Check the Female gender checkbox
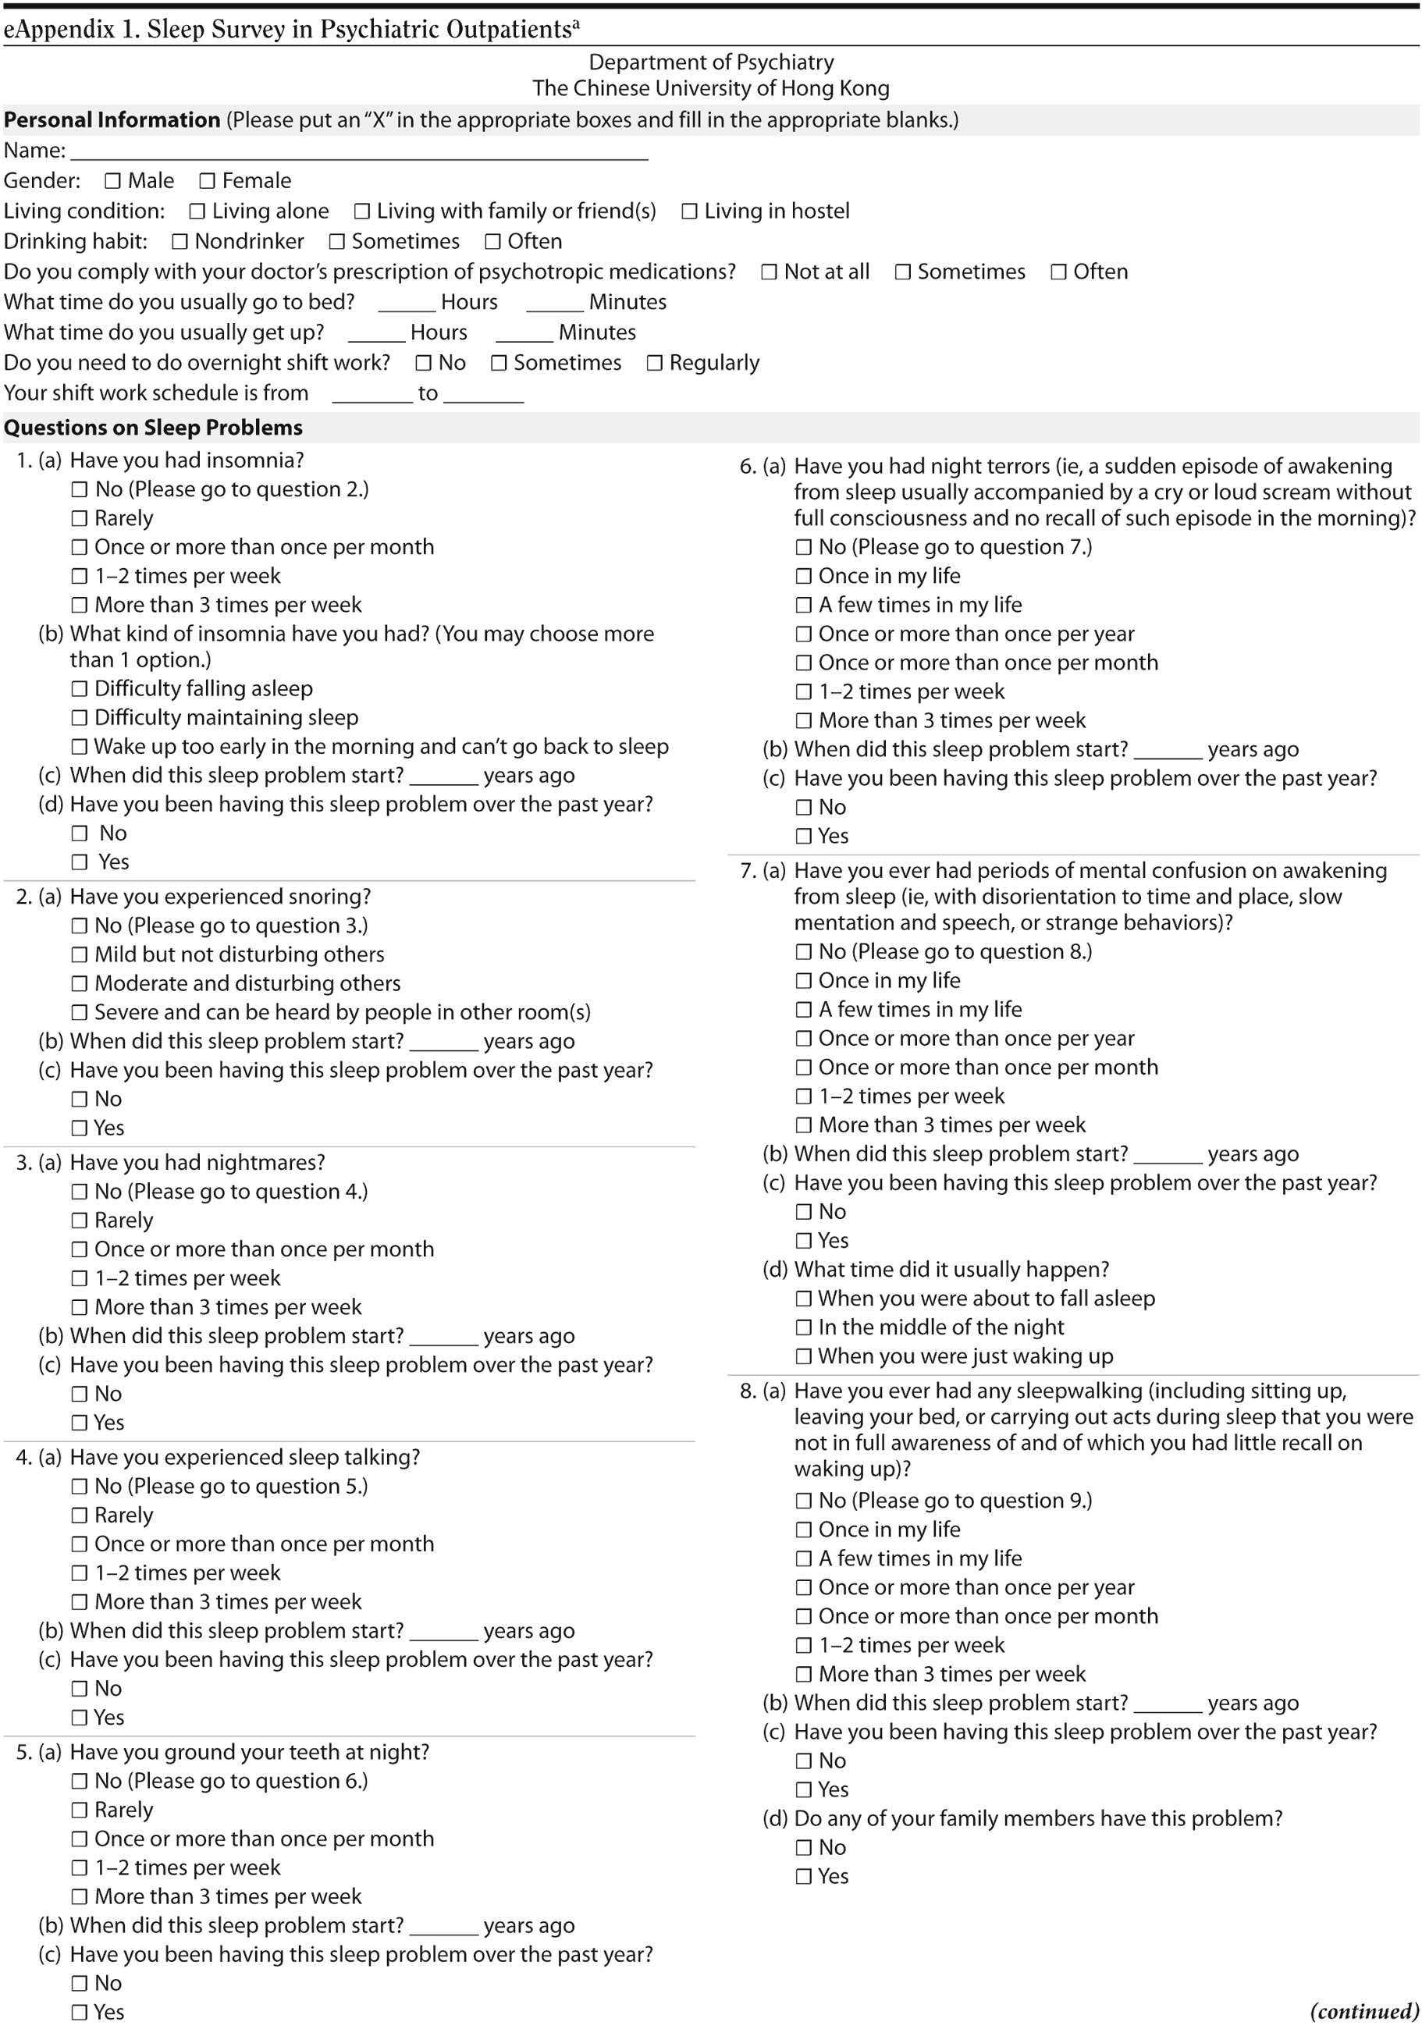click(x=207, y=181)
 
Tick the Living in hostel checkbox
click(x=689, y=211)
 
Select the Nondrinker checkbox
click(x=180, y=241)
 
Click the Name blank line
click(x=359, y=152)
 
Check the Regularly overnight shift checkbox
click(x=654, y=363)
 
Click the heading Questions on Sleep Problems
click(x=153, y=428)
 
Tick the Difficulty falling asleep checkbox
click(x=80, y=688)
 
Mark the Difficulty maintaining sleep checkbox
click(x=80, y=718)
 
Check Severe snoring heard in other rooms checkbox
click(x=80, y=1012)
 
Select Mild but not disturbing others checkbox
click(x=80, y=954)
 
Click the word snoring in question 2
click(x=329, y=896)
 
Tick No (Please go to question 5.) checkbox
click(x=80, y=1487)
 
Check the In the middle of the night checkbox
click(x=803, y=1327)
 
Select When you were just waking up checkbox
click(x=803, y=1356)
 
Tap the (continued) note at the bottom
click(x=1363, y=2012)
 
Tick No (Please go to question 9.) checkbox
click(x=803, y=1501)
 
